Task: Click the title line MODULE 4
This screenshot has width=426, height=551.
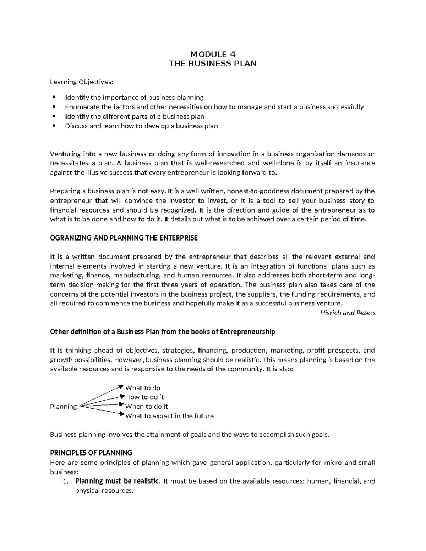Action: (x=213, y=54)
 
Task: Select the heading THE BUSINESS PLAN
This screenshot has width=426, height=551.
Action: (x=213, y=64)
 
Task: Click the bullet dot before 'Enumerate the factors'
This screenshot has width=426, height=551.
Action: (x=54, y=107)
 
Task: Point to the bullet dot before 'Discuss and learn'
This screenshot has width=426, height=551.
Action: (x=54, y=126)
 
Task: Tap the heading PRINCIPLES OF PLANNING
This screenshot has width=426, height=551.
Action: (x=91, y=453)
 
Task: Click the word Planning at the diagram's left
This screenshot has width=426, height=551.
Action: (x=63, y=407)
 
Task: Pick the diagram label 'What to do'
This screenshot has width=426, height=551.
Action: (x=143, y=388)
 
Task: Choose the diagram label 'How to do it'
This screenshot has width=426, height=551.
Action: (x=144, y=397)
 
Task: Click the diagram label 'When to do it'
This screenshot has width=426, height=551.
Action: (x=147, y=407)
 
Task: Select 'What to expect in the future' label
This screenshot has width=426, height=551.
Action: (x=169, y=416)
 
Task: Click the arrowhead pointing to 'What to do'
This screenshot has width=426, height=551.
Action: (x=121, y=386)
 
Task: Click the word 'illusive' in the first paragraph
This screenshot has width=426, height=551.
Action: (x=94, y=173)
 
